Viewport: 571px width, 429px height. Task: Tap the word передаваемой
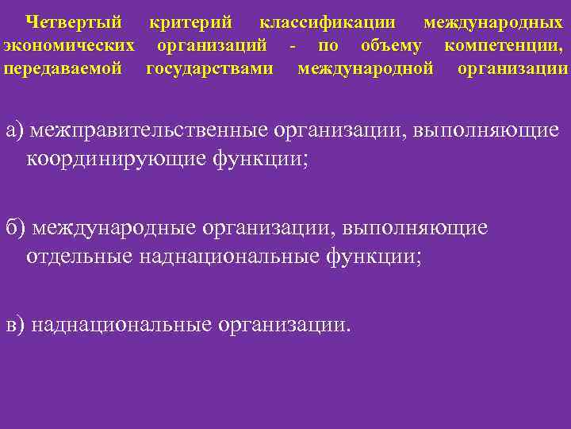coord(63,68)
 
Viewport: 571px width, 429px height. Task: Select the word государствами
coord(210,68)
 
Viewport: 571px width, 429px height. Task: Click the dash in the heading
coord(293,45)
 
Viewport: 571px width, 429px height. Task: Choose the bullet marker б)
coord(15,229)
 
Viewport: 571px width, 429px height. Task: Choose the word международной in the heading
coord(366,68)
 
